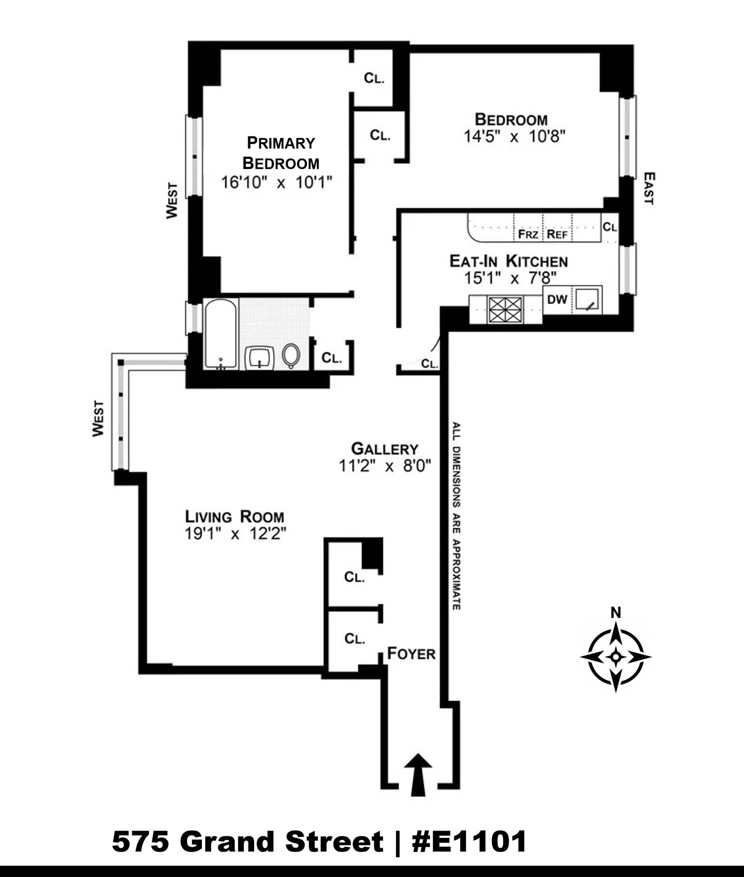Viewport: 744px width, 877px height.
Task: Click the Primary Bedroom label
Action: point(281,153)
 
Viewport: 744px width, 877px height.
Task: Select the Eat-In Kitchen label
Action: point(509,261)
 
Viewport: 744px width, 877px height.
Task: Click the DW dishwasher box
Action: point(557,300)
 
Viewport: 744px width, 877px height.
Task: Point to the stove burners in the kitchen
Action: point(505,309)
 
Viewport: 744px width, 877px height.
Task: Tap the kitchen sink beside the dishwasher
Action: point(587,299)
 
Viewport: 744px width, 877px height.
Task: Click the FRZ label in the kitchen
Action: point(528,234)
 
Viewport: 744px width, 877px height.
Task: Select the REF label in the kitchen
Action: point(557,234)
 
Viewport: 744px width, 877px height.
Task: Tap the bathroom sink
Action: point(259,358)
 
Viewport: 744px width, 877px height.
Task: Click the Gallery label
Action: point(385,448)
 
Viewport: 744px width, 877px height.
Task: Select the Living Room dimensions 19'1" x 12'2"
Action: point(235,534)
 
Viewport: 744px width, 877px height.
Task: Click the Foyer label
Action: point(411,654)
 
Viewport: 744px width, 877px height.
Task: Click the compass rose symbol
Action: point(616,657)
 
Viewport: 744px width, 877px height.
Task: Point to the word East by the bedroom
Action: point(649,188)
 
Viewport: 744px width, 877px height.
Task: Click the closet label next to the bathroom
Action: point(332,358)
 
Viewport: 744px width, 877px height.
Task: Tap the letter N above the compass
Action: point(616,613)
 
